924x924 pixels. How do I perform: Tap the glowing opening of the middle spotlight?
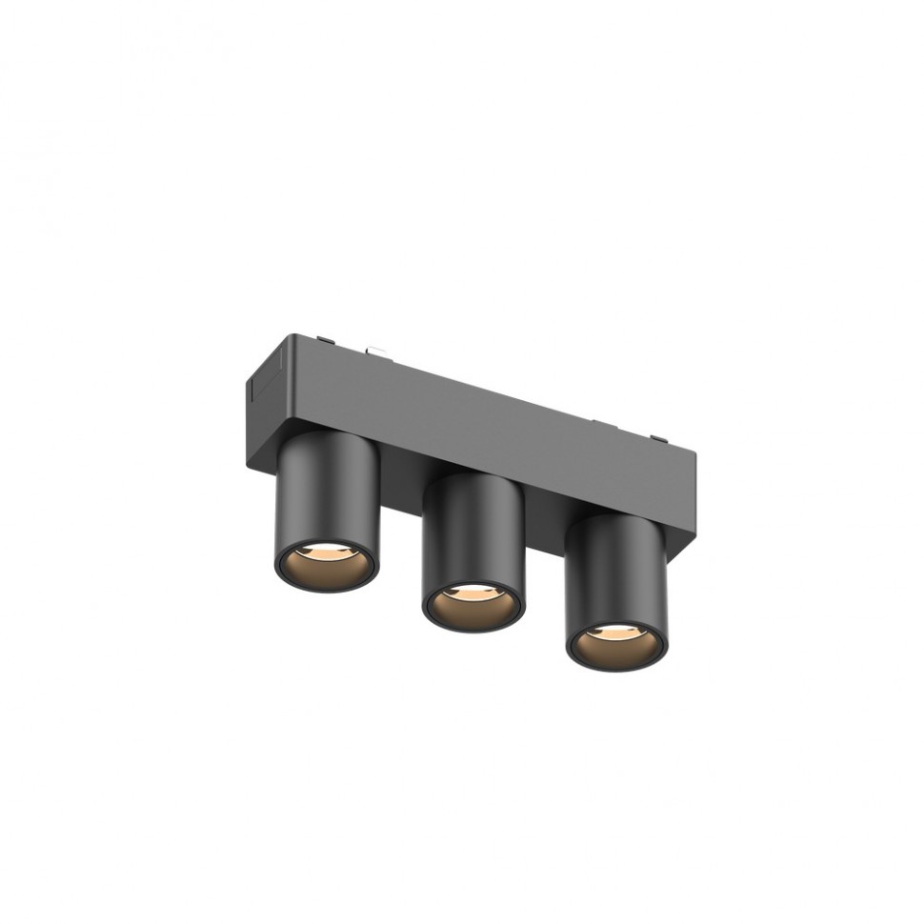tap(472, 604)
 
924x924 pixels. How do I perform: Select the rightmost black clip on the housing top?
tap(656, 439)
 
